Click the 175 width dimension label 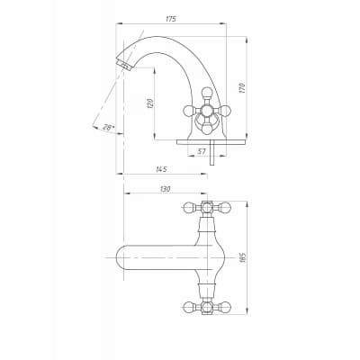170,19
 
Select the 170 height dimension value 242,87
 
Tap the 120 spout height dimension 151,103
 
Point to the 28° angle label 108,128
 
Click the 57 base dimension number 202,151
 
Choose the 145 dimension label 161,169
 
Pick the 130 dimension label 166,189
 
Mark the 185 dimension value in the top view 243,257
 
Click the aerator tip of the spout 124,65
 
